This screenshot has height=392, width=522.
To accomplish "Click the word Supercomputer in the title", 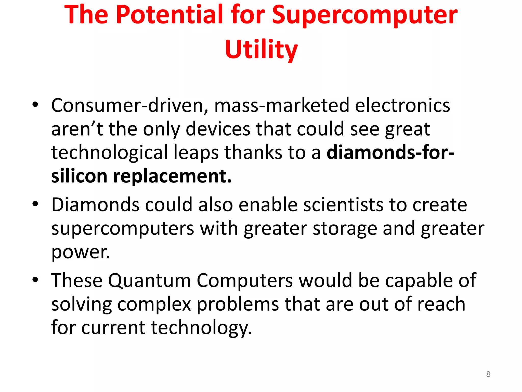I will click(365, 15).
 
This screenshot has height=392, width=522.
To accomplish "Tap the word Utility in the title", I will click(261, 49).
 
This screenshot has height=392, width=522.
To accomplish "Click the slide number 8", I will click(488, 374).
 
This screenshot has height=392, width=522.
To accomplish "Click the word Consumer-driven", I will click(129, 105).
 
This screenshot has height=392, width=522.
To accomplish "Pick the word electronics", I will click(402, 105).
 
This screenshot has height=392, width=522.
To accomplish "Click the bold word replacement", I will click(172, 176).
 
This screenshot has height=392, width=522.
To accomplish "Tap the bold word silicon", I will click(79, 176).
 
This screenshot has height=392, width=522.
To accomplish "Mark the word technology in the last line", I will click(201, 328).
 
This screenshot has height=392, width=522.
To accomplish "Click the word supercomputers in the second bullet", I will click(123, 228).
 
